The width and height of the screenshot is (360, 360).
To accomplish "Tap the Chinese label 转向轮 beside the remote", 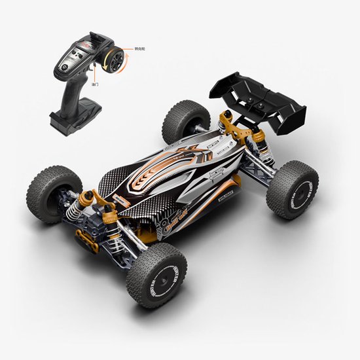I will [x=139, y=48].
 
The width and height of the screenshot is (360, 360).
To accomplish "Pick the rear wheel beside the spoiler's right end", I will [x=292, y=189].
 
